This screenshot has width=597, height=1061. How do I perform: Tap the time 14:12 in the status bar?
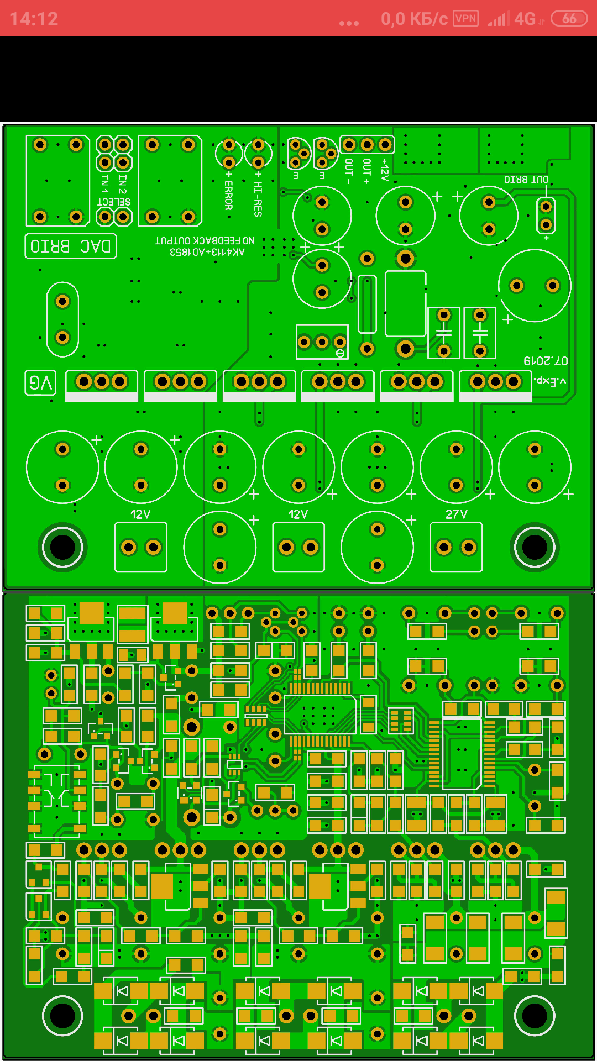point(34,19)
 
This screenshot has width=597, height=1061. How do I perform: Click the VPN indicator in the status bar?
point(465,18)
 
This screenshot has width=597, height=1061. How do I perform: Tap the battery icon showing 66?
point(569,19)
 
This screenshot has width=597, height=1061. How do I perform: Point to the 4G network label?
point(525,19)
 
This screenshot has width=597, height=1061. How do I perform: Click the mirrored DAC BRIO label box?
point(71,246)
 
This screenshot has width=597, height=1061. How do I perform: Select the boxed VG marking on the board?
point(40,382)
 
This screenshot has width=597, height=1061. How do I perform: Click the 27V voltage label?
point(456,514)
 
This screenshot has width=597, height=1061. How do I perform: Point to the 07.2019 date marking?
point(546,361)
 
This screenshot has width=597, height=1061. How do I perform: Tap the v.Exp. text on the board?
point(549,381)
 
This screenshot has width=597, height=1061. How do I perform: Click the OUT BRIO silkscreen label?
point(526,180)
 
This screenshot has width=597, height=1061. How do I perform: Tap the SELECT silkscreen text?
point(114,202)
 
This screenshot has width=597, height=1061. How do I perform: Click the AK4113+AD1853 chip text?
point(207,252)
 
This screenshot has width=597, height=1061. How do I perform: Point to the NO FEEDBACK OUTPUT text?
point(205,241)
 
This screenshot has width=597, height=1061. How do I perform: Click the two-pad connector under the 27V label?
point(456,548)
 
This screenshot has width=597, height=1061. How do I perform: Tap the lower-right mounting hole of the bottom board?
point(535,1016)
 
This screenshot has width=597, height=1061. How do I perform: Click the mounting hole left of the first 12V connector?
point(62,547)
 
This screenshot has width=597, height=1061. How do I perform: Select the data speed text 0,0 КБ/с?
point(414,19)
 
